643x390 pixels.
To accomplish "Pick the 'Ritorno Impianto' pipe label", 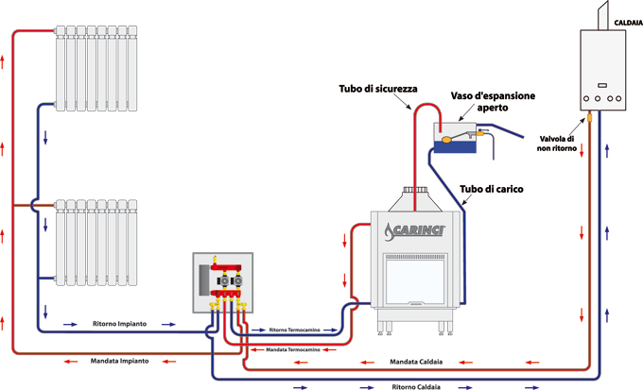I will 119,324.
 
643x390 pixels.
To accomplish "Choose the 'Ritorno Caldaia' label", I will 417,386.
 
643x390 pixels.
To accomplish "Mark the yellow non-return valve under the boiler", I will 589,118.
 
